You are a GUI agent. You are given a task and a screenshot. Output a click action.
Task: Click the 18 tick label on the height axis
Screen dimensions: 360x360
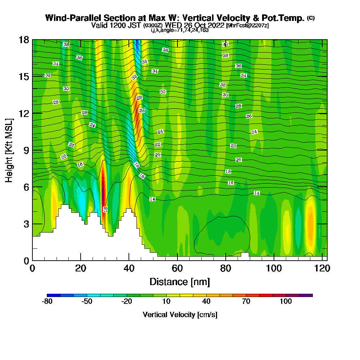24,40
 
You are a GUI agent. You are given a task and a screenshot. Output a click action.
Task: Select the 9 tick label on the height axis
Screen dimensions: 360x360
26,150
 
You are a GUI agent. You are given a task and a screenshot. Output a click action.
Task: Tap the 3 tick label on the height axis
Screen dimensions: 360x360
26,224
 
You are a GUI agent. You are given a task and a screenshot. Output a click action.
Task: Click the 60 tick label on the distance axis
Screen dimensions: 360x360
177,269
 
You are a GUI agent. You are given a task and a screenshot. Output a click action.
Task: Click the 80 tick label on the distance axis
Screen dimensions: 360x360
225,269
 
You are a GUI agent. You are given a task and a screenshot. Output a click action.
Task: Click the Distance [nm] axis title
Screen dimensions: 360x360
180,282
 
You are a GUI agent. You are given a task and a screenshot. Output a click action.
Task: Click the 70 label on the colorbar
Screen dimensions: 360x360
246,301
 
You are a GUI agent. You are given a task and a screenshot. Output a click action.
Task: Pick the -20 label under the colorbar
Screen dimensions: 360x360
126,301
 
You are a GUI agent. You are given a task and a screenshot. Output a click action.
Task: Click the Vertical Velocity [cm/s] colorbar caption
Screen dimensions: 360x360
180,315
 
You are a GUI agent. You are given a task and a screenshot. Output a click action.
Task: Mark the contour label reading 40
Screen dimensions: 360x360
225,44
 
